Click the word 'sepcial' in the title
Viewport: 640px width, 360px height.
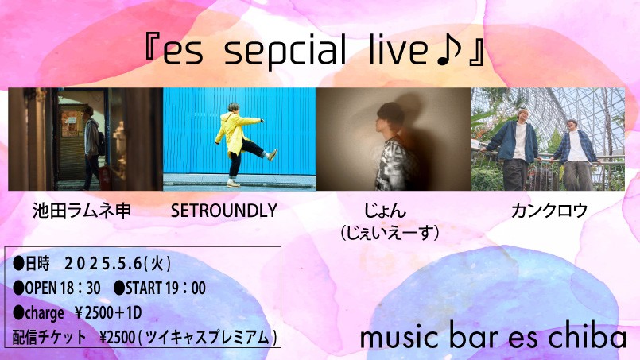coord(285,51)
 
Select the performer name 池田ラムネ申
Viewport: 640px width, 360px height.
coord(82,211)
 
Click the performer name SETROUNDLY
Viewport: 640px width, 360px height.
coord(224,211)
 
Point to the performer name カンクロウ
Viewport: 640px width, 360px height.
coord(549,211)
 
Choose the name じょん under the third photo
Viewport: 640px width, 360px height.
coord(386,211)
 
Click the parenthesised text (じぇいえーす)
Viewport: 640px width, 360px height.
coord(390,233)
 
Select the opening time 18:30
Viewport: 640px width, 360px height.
coord(80,288)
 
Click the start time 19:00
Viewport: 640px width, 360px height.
coord(185,288)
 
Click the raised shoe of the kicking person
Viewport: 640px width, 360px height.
coord(272,155)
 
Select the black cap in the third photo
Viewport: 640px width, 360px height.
coord(390,111)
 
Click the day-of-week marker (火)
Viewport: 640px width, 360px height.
coord(158,264)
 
